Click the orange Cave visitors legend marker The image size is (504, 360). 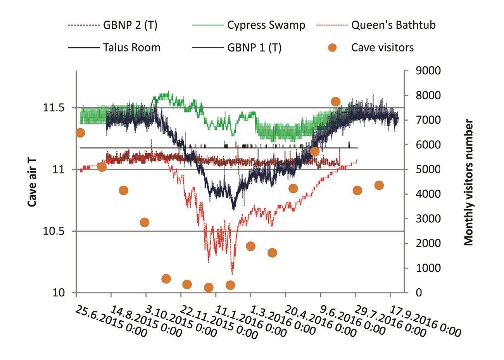332,48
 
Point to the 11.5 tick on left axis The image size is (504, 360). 53,108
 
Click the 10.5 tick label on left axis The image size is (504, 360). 53,231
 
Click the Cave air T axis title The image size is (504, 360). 33,181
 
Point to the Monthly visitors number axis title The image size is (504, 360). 469,183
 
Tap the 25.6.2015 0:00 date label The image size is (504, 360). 111,321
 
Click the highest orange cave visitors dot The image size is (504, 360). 336,102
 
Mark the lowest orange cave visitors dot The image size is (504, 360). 209,288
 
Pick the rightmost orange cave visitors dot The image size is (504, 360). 379,185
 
